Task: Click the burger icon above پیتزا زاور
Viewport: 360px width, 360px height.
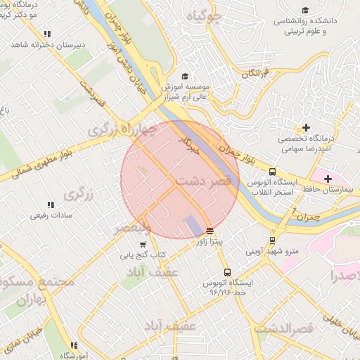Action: click(x=210, y=230)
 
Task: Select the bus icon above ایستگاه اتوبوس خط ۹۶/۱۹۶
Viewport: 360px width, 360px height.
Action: click(x=226, y=272)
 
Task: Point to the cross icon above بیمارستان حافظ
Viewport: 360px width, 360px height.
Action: click(x=328, y=179)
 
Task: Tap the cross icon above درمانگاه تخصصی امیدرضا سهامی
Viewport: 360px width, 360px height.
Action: click(x=305, y=127)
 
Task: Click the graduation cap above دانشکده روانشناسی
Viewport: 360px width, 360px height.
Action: click(x=305, y=10)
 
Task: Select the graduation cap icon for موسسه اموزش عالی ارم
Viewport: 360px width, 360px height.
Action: click(x=185, y=76)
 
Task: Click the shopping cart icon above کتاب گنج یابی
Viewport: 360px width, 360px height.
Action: click(x=143, y=244)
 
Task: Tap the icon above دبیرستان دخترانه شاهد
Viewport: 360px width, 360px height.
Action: click(x=47, y=34)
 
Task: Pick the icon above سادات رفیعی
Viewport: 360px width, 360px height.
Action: click(x=48, y=207)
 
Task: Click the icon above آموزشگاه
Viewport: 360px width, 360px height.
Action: click(x=73, y=345)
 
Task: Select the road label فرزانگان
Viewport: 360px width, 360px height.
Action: click(x=256, y=73)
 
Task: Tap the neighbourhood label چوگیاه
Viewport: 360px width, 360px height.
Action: click(x=205, y=16)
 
